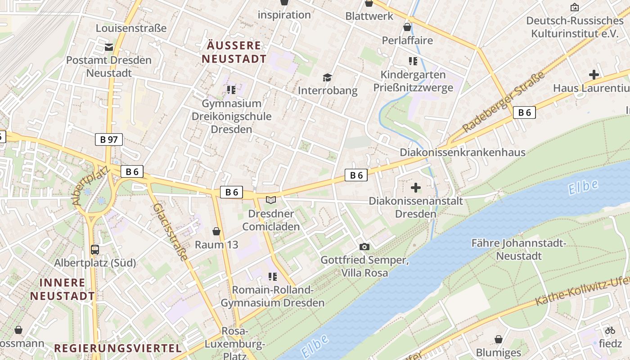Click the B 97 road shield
pyautogui.click(x=109, y=139)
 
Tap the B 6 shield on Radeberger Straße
pyautogui.click(x=524, y=112)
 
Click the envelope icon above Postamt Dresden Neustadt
pyautogui.click(x=108, y=47)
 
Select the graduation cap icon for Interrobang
pyautogui.click(x=327, y=77)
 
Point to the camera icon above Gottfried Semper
pyautogui.click(x=364, y=247)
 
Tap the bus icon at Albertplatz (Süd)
pyautogui.click(x=95, y=249)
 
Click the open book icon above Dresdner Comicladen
pyautogui.click(x=271, y=200)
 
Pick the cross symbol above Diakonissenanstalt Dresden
pyautogui.click(x=416, y=187)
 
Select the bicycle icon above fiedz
pyautogui.click(x=610, y=330)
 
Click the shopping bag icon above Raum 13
pyautogui.click(x=216, y=231)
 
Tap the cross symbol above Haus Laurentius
pyautogui.click(x=594, y=75)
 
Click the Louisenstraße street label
pyautogui.click(x=131, y=28)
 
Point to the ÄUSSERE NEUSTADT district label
pyautogui.click(x=234, y=52)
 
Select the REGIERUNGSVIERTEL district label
pyautogui.click(x=118, y=348)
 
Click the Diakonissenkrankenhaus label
pyautogui.click(x=463, y=153)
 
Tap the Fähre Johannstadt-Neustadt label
pyautogui.click(x=518, y=250)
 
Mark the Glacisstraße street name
pyautogui.click(x=170, y=232)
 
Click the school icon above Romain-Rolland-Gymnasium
pyautogui.click(x=272, y=276)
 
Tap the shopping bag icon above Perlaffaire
pyautogui.click(x=407, y=27)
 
